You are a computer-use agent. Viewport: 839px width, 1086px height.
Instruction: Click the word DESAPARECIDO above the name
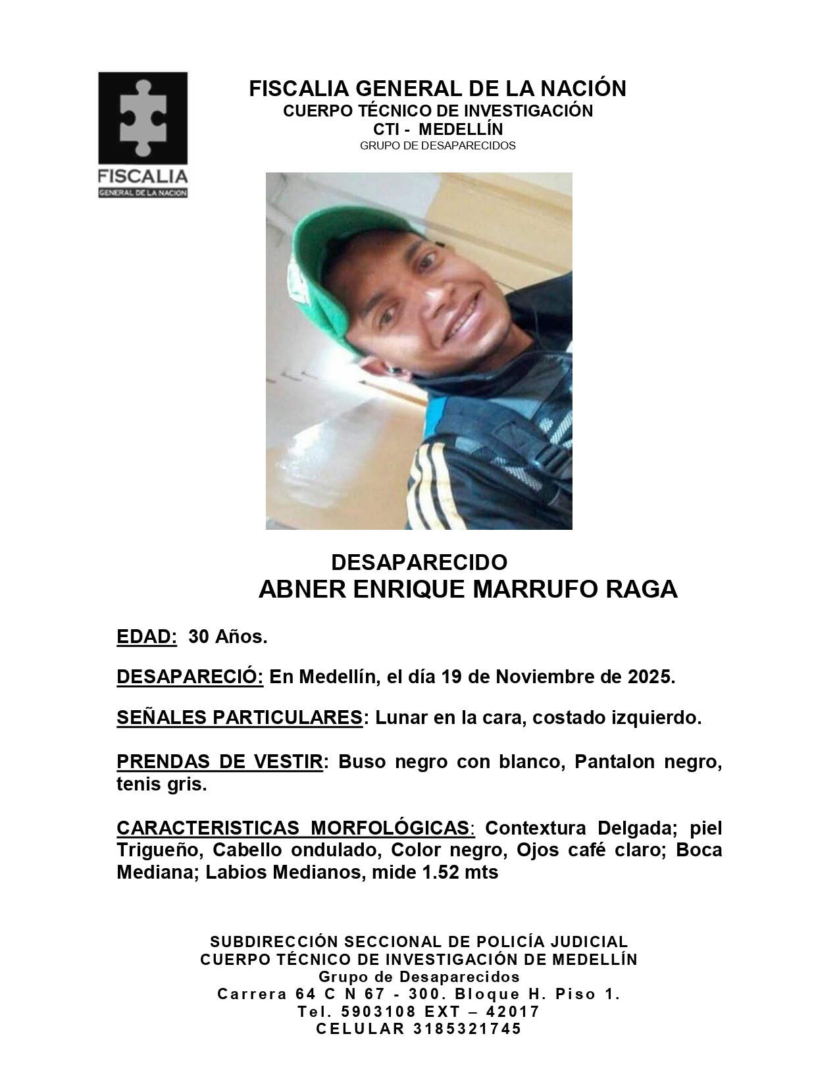click(x=419, y=562)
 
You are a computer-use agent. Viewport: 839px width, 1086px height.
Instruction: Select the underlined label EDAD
click(x=147, y=637)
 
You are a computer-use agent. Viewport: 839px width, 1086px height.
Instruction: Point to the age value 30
click(x=199, y=637)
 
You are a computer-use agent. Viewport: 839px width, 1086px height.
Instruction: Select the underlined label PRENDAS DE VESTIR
click(x=220, y=762)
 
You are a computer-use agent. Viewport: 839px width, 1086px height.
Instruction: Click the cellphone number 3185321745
click(x=467, y=1029)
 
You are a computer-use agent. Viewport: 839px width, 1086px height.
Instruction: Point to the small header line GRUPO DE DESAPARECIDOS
click(x=438, y=145)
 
